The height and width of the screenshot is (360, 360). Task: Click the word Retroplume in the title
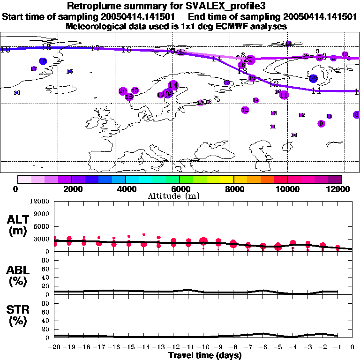coord(92,6)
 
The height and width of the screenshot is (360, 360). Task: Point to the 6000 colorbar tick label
coord(180,189)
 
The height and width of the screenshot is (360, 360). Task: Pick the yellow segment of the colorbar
coord(227,179)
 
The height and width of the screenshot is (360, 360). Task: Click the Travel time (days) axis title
coord(205,356)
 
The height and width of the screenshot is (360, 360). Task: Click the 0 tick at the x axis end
coord(352,347)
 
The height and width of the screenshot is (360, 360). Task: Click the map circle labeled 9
coord(321,124)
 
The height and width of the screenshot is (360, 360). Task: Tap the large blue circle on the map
coord(313,79)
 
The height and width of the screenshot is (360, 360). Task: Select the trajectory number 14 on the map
coord(216,59)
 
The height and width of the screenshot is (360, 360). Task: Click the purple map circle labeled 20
coord(123,91)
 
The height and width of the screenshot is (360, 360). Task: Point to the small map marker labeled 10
coord(294,135)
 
